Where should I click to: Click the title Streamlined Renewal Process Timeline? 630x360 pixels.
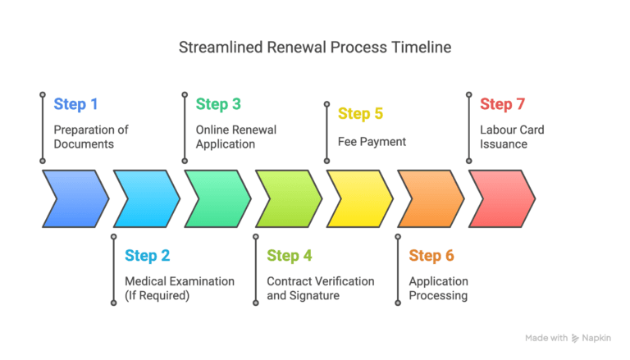[315, 47]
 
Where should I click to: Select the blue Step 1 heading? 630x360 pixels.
[75, 104]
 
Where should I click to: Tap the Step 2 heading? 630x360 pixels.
[147, 256]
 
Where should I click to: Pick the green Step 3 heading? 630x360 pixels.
[218, 104]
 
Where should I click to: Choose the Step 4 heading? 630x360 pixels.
[290, 256]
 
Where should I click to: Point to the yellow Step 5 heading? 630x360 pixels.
[360, 114]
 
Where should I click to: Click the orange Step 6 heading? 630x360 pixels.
[431, 256]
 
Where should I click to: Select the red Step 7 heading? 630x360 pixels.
[502, 104]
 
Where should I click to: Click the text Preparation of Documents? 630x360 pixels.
[91, 137]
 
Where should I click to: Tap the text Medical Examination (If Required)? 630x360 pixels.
[179, 288]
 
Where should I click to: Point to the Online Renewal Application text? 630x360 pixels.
[235, 137]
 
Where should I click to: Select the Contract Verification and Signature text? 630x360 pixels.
[320, 288]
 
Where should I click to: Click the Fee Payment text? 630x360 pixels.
[372, 142]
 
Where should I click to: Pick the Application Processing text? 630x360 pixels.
[438, 288]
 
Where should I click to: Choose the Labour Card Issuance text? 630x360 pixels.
[512, 137]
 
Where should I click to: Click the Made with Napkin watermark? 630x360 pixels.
[572, 338]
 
